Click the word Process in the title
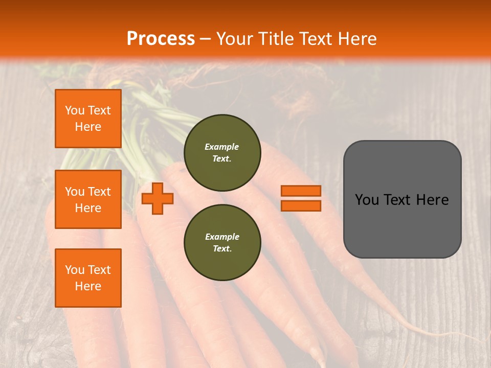pos(161,39)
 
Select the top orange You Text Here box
pos(88,119)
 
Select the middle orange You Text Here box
pos(88,199)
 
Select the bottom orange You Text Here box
pos(88,278)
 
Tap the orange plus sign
pos(157,198)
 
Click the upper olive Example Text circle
pos(222,153)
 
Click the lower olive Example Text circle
pos(222,243)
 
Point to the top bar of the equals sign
pos(301,191)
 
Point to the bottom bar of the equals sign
pos(301,205)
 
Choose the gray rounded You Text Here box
pos(402,199)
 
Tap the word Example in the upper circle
pos(222,147)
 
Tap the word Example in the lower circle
pos(222,237)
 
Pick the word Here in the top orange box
pos(88,127)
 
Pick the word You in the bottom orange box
pos(74,270)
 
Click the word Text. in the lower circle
pos(222,249)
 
